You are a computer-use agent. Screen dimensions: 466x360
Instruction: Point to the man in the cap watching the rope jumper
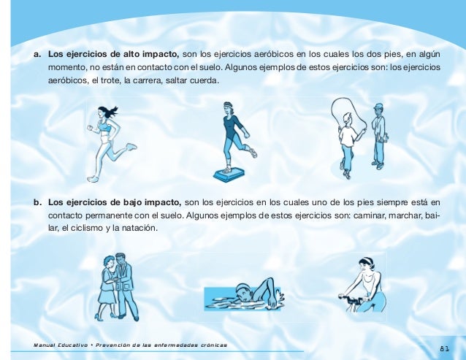tap(380, 137)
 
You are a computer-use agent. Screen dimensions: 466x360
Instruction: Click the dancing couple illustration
tap(117, 287)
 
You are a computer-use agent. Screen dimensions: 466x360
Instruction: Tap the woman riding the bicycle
tap(363, 285)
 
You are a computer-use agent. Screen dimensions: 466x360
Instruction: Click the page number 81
tap(445, 349)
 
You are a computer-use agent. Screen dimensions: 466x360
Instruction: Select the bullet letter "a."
tap(37, 55)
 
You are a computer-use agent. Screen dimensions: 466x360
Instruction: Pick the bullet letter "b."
tap(37, 202)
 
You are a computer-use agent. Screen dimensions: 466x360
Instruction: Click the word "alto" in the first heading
tap(131, 54)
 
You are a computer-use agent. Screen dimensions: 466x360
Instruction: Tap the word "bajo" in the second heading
tap(132, 202)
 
